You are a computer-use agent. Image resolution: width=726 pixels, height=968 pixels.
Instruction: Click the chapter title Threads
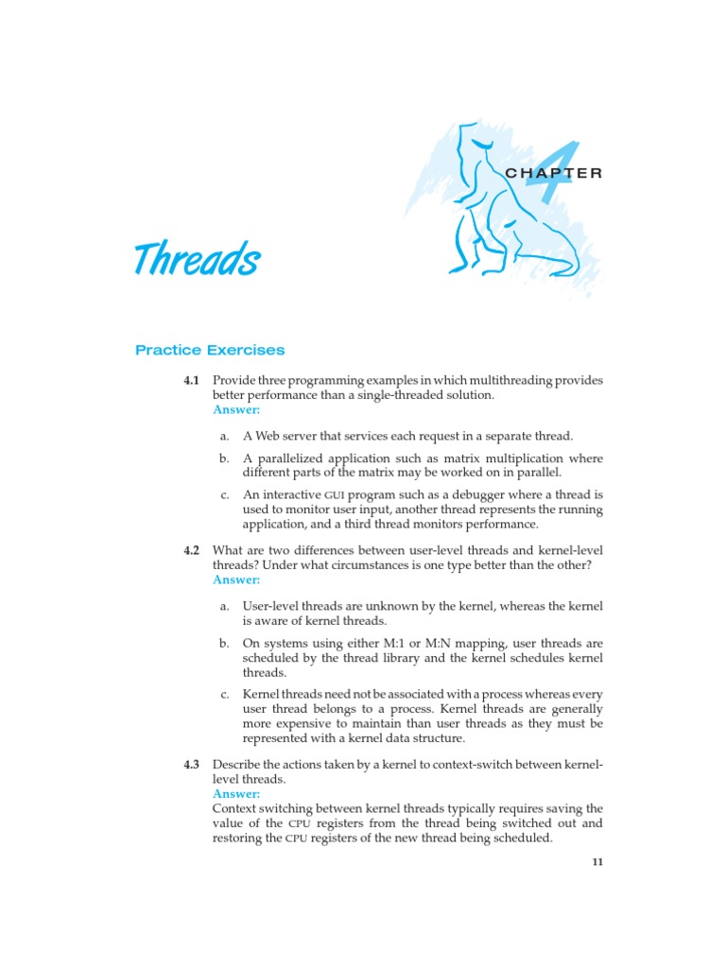(x=197, y=258)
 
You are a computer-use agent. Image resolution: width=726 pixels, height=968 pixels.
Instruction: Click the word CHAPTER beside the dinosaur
(x=554, y=173)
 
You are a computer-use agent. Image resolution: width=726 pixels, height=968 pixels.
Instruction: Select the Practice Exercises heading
(x=210, y=350)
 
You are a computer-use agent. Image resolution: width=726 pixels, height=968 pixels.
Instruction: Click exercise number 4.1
(x=192, y=381)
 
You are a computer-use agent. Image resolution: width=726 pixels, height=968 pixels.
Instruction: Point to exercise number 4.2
(x=192, y=550)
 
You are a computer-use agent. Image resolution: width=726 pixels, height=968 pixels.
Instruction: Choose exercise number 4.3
(x=192, y=764)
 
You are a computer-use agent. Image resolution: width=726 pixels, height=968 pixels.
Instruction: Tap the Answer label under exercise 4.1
(x=235, y=410)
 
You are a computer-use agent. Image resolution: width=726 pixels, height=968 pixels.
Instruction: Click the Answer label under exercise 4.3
(x=235, y=794)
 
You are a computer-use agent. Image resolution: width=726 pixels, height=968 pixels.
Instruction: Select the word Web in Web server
(x=267, y=437)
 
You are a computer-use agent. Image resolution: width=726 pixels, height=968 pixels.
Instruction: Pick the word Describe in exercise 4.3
(x=238, y=764)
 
